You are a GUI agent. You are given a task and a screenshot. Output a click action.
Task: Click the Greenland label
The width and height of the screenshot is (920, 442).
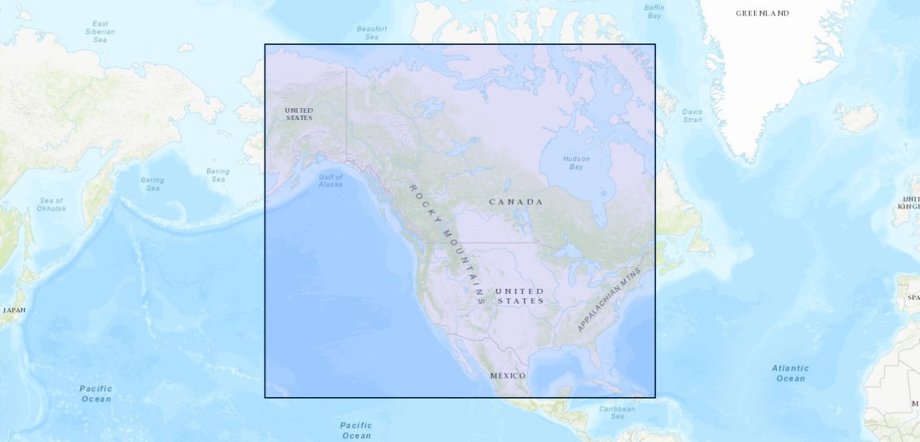point(762,13)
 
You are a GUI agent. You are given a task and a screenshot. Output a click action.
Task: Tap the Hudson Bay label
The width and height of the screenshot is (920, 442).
point(576,163)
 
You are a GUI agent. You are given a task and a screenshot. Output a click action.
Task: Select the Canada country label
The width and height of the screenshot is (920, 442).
point(516,202)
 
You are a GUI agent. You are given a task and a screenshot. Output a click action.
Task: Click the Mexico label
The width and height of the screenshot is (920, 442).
point(508,376)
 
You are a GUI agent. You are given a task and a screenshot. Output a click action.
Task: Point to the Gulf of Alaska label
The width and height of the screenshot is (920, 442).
point(330,180)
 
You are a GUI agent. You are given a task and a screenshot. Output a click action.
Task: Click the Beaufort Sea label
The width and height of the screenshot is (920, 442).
point(372,32)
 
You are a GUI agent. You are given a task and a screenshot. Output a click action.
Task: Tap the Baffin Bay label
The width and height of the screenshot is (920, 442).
point(654,12)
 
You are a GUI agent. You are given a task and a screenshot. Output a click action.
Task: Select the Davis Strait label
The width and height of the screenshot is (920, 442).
point(692,116)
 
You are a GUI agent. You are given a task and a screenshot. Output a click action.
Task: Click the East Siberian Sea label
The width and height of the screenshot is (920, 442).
point(100,32)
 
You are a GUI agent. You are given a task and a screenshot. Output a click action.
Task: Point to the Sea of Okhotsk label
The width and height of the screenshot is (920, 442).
point(52,204)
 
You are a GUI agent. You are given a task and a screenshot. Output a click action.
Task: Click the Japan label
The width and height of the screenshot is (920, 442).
point(14,310)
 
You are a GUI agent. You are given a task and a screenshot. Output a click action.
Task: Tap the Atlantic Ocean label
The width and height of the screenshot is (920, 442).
point(790,373)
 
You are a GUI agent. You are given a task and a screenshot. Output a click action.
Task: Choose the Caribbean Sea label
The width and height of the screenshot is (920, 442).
point(617,413)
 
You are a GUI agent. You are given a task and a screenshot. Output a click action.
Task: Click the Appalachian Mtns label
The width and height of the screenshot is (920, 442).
point(610,300)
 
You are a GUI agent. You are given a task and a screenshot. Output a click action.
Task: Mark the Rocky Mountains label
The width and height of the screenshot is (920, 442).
point(447,244)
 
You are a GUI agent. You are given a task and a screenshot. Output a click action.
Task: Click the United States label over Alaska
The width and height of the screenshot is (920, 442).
point(299,114)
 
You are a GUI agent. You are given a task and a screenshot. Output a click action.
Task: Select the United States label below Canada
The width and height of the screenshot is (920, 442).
point(520,295)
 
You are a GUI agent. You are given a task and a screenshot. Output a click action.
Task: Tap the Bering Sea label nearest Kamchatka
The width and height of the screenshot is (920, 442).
point(153,184)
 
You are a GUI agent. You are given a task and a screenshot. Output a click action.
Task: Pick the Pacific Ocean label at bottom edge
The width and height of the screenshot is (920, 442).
point(356,430)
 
